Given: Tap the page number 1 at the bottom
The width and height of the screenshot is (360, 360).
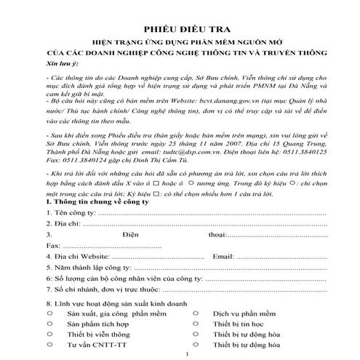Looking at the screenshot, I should pyautogui.click(x=187, y=353).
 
